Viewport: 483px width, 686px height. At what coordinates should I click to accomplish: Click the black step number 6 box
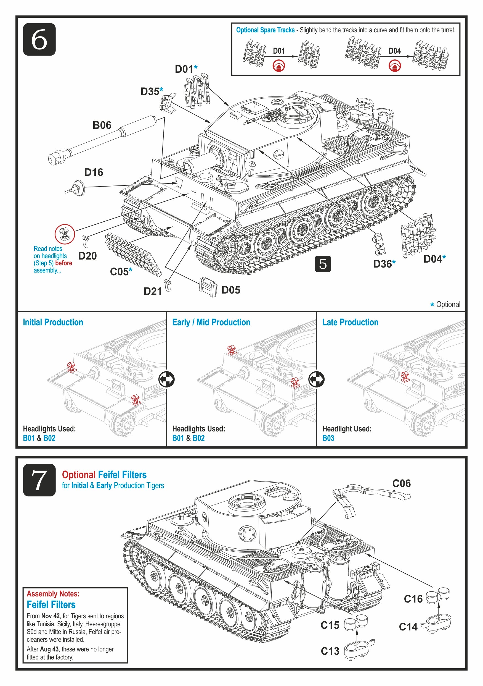click(39, 40)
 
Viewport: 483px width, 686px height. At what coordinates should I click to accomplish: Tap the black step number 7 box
click(39, 480)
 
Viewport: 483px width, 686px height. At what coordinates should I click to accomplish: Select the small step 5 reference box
click(323, 264)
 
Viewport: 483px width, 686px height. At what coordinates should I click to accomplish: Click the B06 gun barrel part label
click(102, 125)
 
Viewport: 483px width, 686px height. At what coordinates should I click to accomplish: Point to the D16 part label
click(94, 172)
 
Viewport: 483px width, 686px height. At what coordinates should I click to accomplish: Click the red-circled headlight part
click(64, 234)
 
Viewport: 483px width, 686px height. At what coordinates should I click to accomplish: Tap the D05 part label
click(231, 290)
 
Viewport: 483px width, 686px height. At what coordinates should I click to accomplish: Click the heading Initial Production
click(53, 322)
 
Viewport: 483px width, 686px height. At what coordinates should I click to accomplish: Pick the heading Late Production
click(350, 322)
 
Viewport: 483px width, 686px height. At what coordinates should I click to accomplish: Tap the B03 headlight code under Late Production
click(328, 438)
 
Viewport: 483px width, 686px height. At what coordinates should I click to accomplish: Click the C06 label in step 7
click(402, 483)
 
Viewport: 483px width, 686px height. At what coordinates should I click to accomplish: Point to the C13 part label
click(330, 651)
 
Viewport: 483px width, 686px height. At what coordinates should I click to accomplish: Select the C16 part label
click(413, 599)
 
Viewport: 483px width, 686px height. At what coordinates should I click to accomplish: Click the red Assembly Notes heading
click(53, 594)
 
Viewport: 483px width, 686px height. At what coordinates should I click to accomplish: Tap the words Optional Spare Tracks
click(265, 30)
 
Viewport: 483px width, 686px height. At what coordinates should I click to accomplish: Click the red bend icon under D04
click(395, 66)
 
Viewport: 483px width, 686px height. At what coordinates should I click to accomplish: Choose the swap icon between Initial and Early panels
click(166, 379)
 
